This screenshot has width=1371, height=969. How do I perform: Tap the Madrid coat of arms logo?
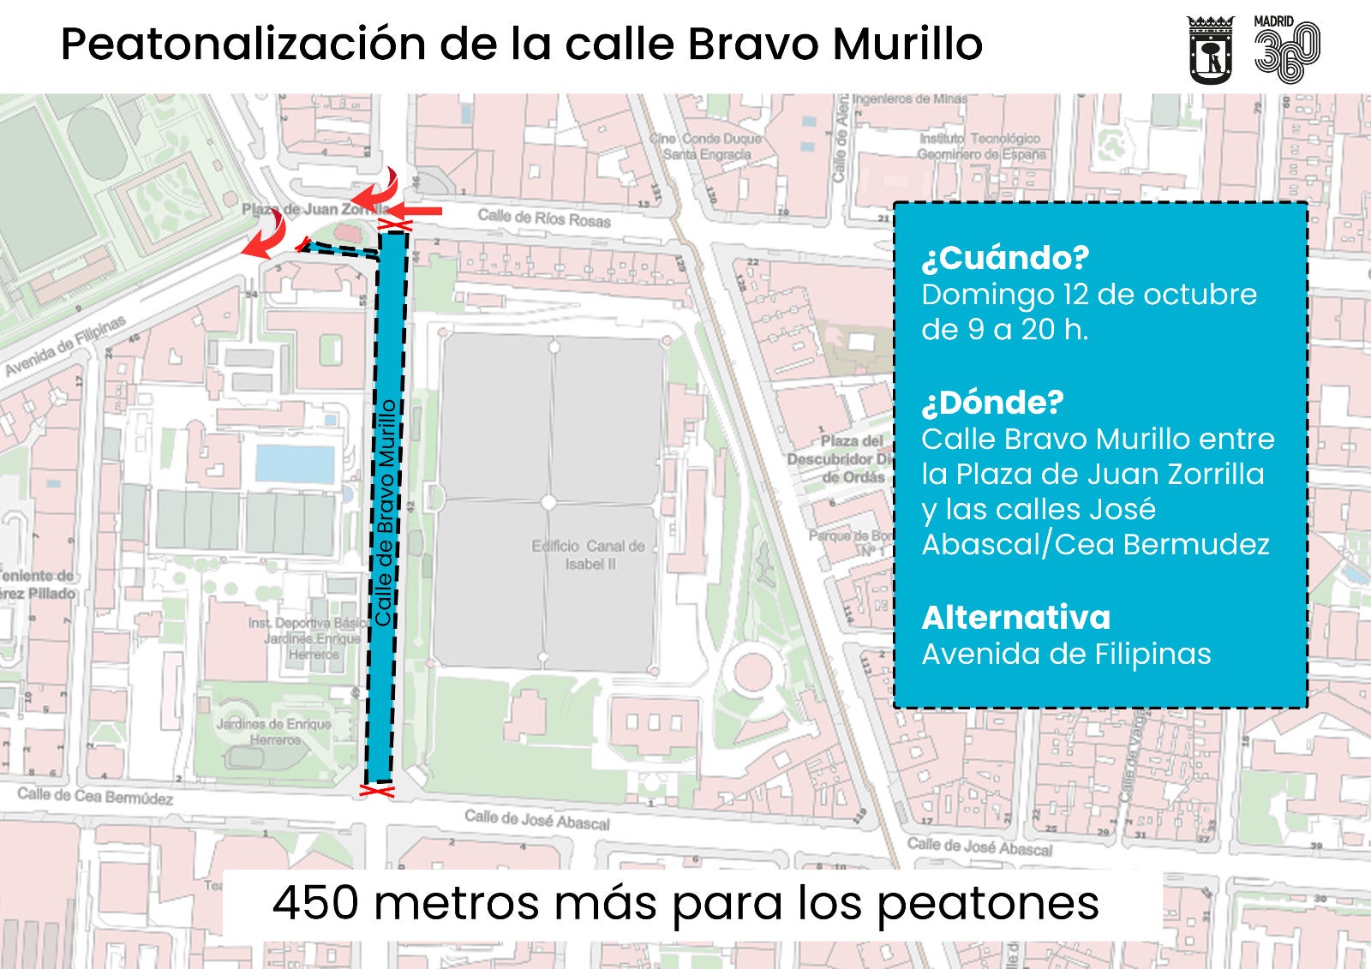coord(1210,50)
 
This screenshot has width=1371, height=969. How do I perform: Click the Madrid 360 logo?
coord(1287,50)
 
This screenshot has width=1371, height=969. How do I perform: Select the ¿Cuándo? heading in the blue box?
coord(1005,257)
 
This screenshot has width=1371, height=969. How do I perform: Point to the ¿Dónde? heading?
coord(992,402)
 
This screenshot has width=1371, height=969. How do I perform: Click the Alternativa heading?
coord(1015,617)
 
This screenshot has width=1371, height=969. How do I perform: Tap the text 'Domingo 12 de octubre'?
coord(1088,295)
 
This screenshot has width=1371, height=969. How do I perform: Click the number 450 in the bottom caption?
coord(315,902)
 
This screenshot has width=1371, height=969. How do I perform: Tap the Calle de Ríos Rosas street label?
coord(543,218)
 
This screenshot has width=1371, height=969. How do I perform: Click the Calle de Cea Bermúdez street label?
coord(95,796)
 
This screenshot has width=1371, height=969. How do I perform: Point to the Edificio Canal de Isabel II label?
coord(589,554)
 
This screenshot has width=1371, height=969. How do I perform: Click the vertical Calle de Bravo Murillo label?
coord(385,512)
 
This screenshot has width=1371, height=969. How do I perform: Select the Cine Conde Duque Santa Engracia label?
coord(705,147)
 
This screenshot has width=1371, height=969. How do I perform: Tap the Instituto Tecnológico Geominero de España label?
coord(982,147)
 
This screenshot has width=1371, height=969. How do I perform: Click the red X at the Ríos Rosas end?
coord(395,225)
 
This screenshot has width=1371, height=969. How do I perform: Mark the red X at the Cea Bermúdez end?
coord(377,790)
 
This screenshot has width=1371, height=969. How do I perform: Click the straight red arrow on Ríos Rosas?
coord(421,210)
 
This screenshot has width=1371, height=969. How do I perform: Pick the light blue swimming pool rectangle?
coord(295,464)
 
